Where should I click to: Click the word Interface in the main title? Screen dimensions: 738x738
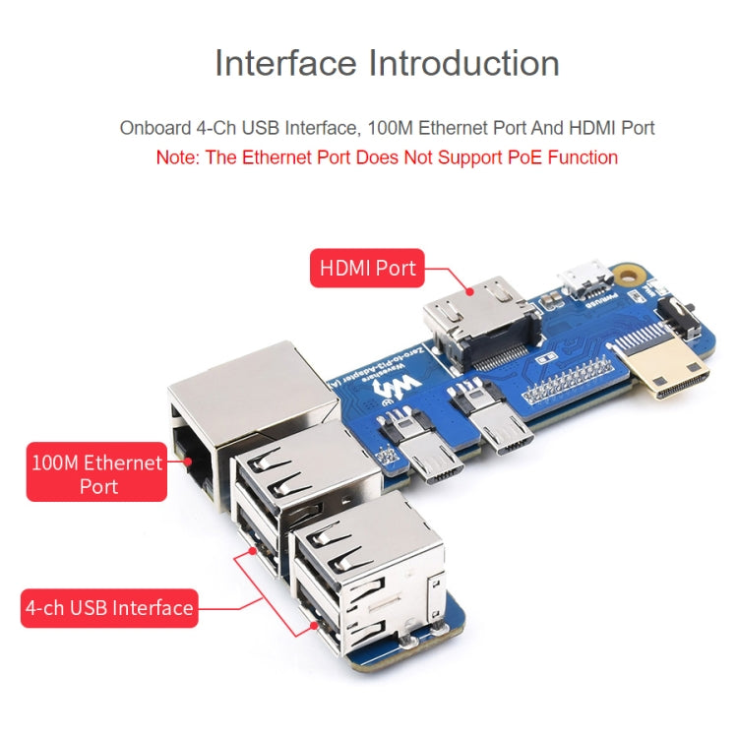click(x=285, y=63)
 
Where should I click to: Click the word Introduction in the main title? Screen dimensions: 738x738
click(x=463, y=63)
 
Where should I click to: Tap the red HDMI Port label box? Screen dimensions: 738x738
click(x=368, y=268)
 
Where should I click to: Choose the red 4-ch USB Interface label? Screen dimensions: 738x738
click(x=109, y=607)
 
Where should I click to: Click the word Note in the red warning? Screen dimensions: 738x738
click(x=177, y=157)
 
